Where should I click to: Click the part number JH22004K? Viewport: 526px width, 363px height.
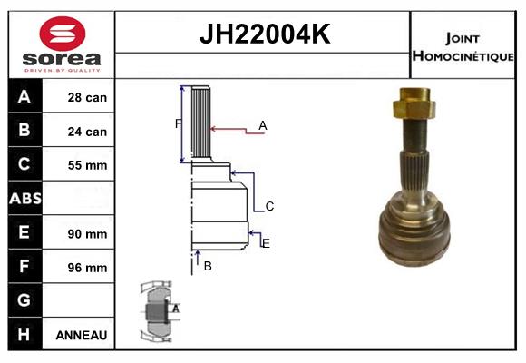(264, 35)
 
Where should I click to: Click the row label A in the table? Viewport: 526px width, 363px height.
(24, 97)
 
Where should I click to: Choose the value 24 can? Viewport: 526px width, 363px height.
(87, 132)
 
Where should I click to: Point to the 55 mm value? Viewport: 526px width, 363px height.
(87, 165)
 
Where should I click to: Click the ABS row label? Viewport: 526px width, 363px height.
(24, 199)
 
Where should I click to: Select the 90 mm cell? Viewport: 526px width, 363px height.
(87, 233)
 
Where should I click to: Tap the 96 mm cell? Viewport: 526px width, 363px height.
(87, 268)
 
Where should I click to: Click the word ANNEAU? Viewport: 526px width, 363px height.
(82, 335)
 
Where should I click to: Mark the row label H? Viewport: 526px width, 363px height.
(24, 335)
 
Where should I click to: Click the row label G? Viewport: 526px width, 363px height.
(24, 300)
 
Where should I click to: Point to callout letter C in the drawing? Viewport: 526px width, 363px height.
(269, 207)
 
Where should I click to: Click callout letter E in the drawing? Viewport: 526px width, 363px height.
(266, 243)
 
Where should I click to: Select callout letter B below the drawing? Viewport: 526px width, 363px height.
(208, 266)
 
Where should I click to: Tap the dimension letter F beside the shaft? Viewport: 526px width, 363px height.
(178, 123)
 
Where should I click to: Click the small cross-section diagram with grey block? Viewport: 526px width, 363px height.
(159, 311)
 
